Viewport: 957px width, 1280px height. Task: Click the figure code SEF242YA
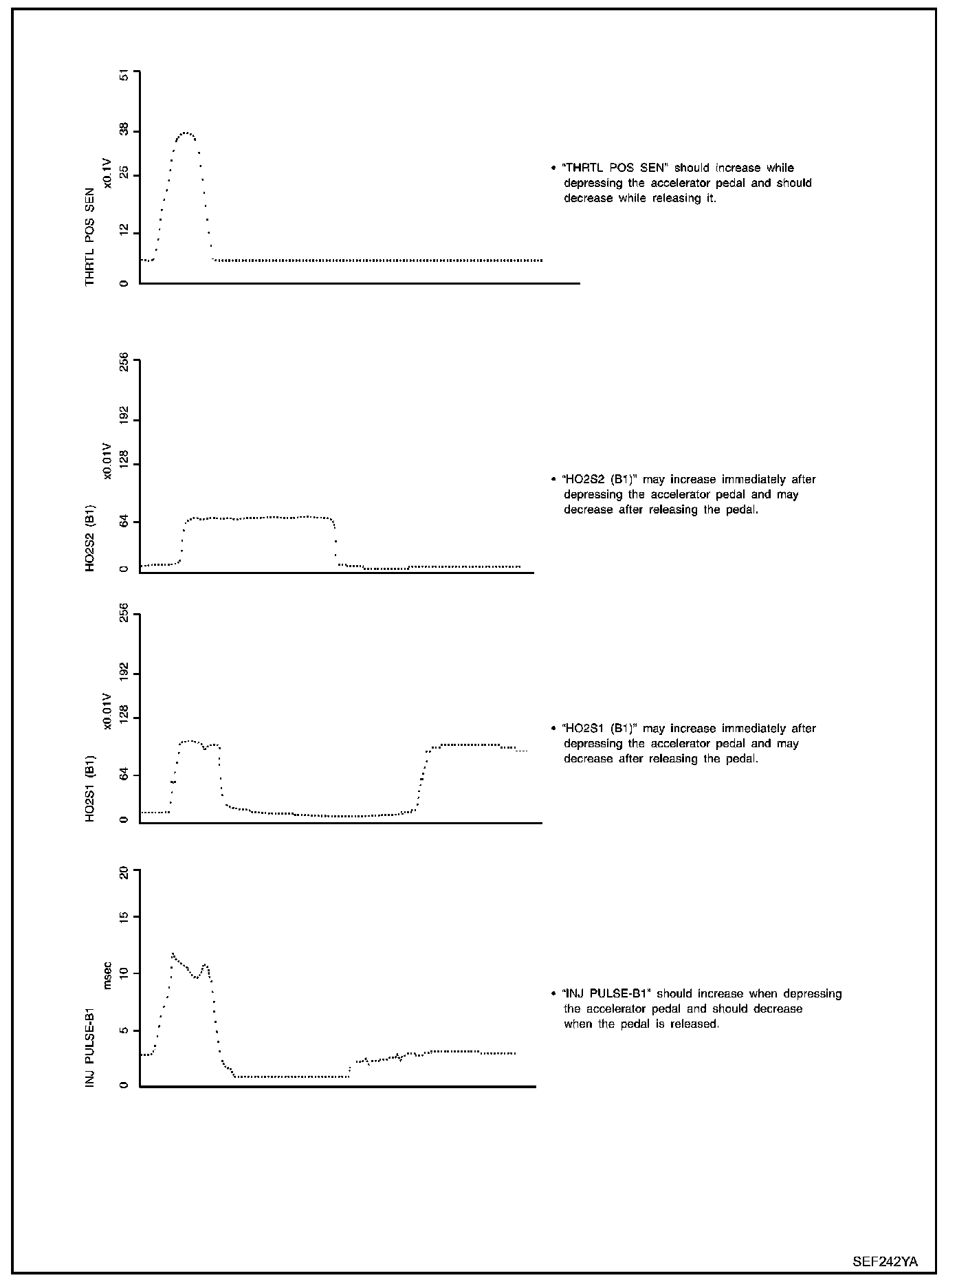pyautogui.click(x=885, y=1261)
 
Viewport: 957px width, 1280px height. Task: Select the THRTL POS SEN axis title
pyautogui.click(x=90, y=236)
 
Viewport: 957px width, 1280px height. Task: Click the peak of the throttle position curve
pyautogui.click(x=186, y=133)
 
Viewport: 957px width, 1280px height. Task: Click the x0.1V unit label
pyautogui.click(x=108, y=172)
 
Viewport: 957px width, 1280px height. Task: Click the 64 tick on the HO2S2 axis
pyautogui.click(x=124, y=522)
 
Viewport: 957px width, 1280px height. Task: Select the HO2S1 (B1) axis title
pyautogui.click(x=90, y=787)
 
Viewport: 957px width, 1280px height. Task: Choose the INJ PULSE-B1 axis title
pyautogui.click(x=90, y=1048)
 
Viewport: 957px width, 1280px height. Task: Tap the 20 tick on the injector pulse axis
pyautogui.click(x=124, y=873)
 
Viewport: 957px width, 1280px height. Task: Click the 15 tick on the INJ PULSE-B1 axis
pyautogui.click(x=124, y=917)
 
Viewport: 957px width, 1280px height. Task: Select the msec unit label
pyautogui.click(x=108, y=980)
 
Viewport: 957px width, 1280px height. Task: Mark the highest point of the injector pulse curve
pyautogui.click(x=173, y=953)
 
